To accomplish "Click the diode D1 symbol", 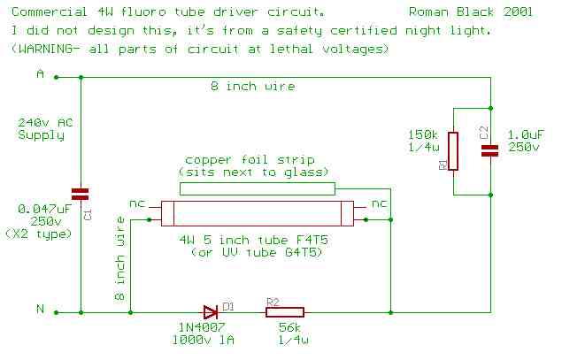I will [x=211, y=311].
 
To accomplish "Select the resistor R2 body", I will [x=284, y=311].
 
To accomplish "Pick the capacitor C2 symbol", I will [x=489, y=151].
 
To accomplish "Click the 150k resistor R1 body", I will [x=453, y=151].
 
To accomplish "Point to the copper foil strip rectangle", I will [x=258, y=188].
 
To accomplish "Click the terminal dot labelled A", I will [x=57, y=77].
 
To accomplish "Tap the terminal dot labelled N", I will [x=57, y=311].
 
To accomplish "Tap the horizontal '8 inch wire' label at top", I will [x=252, y=88].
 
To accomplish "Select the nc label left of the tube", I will [x=137, y=203].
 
